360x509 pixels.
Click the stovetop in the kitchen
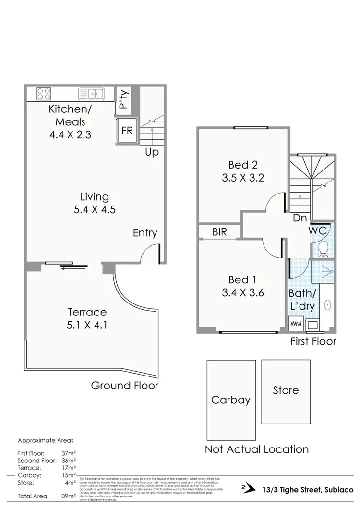point(45,93)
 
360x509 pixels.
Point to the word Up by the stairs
point(152,153)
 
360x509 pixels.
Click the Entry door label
point(145,233)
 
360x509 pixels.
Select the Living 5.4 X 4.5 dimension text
point(95,209)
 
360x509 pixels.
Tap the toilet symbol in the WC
point(323,248)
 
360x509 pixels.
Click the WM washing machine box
point(295,324)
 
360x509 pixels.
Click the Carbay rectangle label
point(230,400)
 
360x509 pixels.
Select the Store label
point(286,390)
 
